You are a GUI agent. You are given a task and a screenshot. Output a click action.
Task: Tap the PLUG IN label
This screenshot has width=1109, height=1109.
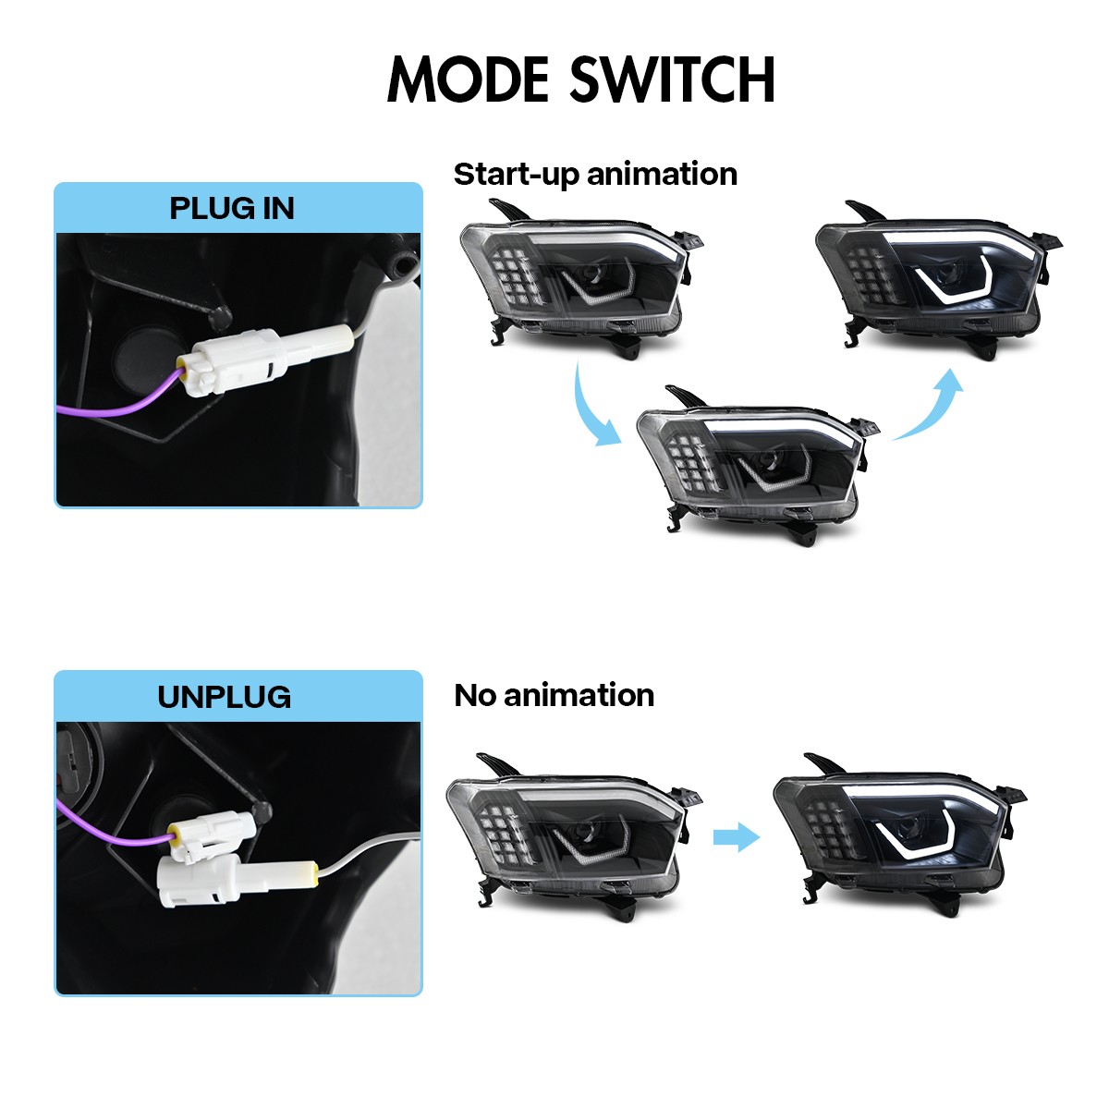click(x=232, y=208)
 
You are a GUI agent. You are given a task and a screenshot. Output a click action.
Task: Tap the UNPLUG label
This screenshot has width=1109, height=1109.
click(x=224, y=697)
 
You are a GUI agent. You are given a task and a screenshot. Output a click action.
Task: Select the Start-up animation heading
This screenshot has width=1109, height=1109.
click(x=595, y=174)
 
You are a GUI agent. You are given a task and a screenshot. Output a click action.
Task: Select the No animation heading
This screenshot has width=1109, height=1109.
click(x=554, y=695)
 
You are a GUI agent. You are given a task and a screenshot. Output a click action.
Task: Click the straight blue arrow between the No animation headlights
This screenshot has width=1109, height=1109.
click(x=736, y=837)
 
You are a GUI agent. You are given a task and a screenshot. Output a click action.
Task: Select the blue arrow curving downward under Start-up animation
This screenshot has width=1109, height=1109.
click(x=592, y=409)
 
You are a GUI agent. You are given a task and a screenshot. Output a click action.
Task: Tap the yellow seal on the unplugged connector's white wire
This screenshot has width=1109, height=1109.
click(x=312, y=873)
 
